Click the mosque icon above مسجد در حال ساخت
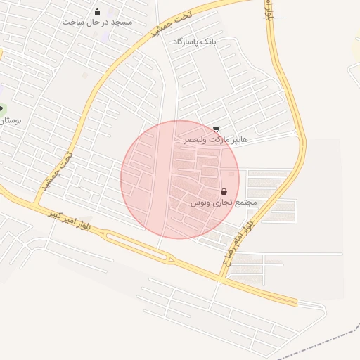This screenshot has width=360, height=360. (97, 11)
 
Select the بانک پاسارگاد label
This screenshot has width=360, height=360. (195, 42)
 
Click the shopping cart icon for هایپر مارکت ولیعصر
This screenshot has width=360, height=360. (215, 129)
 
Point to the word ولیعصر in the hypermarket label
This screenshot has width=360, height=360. (195, 140)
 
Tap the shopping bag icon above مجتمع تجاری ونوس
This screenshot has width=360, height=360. (224, 191)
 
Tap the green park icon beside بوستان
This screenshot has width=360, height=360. (2, 109)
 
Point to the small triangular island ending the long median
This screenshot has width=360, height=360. (169, 259)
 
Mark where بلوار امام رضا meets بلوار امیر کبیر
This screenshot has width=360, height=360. (220, 279)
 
